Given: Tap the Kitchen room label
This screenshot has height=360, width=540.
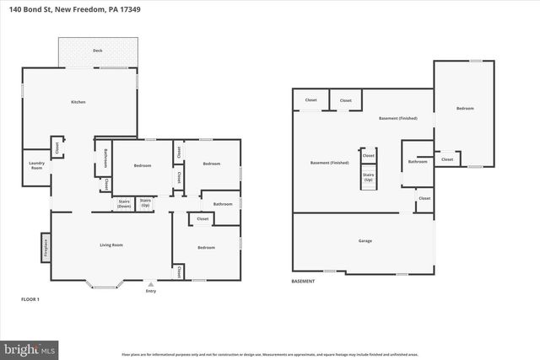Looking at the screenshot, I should point(78,102).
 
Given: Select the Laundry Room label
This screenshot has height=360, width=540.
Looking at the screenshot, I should point(36,166).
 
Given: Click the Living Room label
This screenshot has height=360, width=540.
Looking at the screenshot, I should point(112,245).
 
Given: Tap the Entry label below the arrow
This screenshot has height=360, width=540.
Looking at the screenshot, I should point(151,293).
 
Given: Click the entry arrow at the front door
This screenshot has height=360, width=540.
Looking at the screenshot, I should point(151,283).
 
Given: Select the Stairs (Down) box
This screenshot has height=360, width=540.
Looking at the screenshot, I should point(123,203).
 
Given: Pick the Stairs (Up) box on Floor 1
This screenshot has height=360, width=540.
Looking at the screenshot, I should point(145,202).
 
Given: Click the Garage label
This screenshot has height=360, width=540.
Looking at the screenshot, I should point(364,241).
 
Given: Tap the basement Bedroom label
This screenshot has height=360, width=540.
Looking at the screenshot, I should point(465,108).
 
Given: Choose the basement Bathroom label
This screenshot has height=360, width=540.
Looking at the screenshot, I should point(417,161).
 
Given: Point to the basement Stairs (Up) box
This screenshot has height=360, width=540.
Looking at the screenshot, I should point(369,178).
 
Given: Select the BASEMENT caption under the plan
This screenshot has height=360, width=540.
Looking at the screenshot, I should point(303,281).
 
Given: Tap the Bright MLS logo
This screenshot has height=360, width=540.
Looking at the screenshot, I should point(30,347).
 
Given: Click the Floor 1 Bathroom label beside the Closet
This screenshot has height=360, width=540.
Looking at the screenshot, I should point(223,204).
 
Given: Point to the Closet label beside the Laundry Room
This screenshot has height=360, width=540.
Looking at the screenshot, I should point(57,148).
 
